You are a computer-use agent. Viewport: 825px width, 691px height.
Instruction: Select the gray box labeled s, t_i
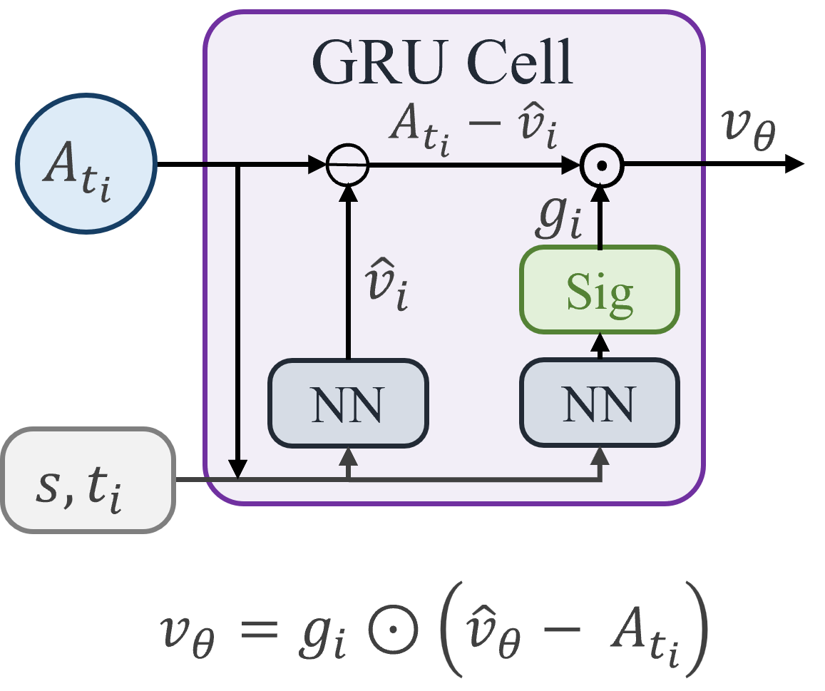click(88, 479)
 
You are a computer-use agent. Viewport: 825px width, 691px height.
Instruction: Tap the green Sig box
click(599, 290)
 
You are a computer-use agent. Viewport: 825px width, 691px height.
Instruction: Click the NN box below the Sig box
click(599, 404)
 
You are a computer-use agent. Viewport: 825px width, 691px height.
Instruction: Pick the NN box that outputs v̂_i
click(348, 404)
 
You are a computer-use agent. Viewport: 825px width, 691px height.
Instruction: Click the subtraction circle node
click(348, 165)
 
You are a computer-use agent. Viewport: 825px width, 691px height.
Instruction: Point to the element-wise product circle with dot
click(601, 165)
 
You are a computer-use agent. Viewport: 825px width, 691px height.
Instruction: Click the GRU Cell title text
click(442, 63)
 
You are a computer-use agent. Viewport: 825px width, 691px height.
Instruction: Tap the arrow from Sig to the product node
click(600, 214)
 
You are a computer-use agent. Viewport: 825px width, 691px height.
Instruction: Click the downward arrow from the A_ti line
click(239, 321)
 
